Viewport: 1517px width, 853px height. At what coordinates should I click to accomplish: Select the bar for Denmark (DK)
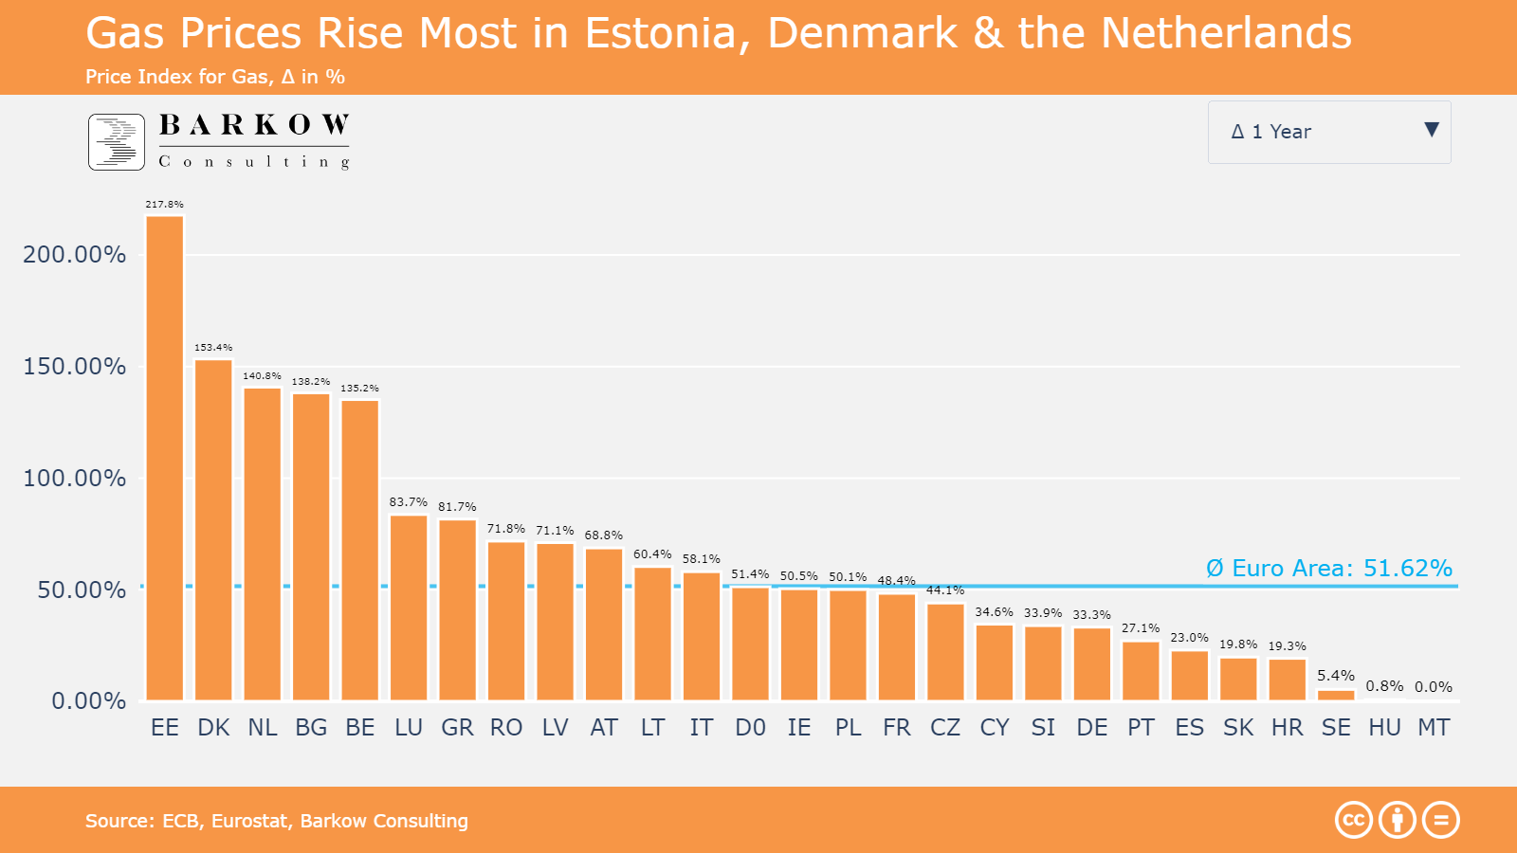pyautogui.click(x=213, y=530)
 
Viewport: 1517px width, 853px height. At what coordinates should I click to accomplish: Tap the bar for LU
pyautogui.click(x=409, y=608)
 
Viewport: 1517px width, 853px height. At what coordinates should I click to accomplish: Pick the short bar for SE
pyautogui.click(x=1336, y=695)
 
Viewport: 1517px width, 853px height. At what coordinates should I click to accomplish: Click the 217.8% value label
pyautogui.click(x=164, y=204)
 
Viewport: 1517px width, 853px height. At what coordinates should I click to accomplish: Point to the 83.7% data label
pyautogui.click(x=409, y=502)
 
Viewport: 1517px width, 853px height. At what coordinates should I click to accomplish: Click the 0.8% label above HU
pyautogui.click(x=1384, y=686)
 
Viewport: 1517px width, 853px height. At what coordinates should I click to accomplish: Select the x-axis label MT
pyautogui.click(x=1434, y=728)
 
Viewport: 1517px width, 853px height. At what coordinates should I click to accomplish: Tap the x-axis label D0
pyautogui.click(x=750, y=728)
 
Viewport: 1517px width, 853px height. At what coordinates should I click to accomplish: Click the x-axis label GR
pyautogui.click(x=457, y=728)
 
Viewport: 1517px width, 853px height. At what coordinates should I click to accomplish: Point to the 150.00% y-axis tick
pyautogui.click(x=75, y=367)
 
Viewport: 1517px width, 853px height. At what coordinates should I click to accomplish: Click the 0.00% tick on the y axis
pyautogui.click(x=88, y=701)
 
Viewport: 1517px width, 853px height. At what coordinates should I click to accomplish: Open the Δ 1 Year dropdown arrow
pyautogui.click(x=1432, y=131)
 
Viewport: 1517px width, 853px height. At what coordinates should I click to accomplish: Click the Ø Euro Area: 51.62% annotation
pyautogui.click(x=1328, y=569)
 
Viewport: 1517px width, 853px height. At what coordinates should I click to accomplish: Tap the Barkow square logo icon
pyautogui.click(x=117, y=142)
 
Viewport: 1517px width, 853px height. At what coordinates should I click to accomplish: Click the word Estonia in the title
pyautogui.click(x=660, y=34)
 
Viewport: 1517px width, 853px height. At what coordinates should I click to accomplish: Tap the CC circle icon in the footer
pyautogui.click(x=1354, y=820)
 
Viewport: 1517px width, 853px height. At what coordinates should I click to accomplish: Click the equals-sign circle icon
pyautogui.click(x=1441, y=820)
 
